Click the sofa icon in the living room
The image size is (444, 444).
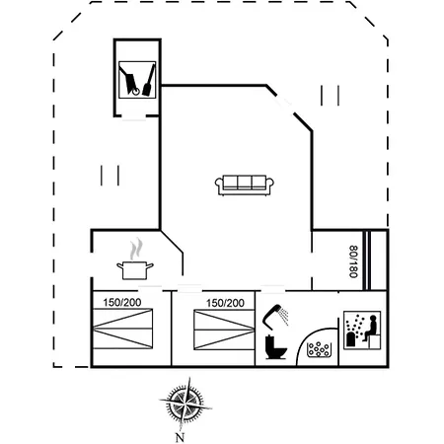pyautogui.click(x=245, y=184)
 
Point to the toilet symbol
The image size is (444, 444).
pyautogui.click(x=274, y=347)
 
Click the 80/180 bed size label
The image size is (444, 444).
pyautogui.click(x=352, y=261)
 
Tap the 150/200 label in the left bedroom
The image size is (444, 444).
pyautogui.click(x=122, y=303)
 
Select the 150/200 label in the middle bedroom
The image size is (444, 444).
pyautogui.click(x=224, y=303)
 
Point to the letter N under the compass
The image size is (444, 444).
pyautogui.click(x=180, y=435)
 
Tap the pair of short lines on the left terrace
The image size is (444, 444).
pyautogui.click(x=110, y=175)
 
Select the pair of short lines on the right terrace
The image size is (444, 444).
pyautogui.click(x=331, y=96)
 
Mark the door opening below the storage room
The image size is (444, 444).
pyautogui.click(x=136, y=116)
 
